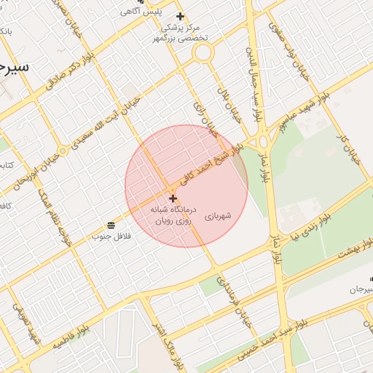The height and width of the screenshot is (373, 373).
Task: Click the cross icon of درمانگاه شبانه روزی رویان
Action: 173,198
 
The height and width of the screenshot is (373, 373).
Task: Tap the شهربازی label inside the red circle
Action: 217,216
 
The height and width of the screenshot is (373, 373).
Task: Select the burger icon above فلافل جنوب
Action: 110,224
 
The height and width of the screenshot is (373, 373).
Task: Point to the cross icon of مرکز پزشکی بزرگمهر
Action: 180,16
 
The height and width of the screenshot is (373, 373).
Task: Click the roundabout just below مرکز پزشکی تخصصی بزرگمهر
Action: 203,52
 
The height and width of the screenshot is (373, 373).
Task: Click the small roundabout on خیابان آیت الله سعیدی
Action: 63,151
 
